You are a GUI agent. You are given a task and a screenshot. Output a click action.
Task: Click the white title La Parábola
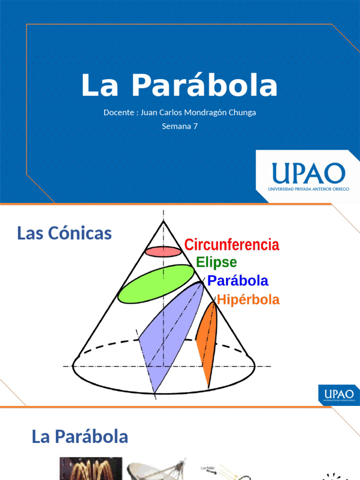click(180, 86)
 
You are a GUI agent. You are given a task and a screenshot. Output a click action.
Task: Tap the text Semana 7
click(180, 126)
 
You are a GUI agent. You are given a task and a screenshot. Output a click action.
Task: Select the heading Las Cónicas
click(64, 233)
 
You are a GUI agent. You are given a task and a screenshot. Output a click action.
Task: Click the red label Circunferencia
click(232, 245)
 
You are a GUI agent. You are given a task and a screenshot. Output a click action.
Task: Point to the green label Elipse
click(216, 262)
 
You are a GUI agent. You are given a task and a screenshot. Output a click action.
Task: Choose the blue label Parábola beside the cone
click(238, 281)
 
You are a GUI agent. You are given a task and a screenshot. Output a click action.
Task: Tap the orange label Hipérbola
click(248, 300)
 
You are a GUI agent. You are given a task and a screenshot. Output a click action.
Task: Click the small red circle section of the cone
click(163, 252)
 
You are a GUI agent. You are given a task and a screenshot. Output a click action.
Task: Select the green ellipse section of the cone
click(156, 284)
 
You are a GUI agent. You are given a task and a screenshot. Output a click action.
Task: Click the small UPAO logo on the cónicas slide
click(338, 395)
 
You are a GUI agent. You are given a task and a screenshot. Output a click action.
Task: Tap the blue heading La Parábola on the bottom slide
click(80, 437)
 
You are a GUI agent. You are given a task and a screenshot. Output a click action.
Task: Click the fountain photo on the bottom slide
click(90, 469)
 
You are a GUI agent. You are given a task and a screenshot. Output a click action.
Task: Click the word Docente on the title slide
click(119, 112)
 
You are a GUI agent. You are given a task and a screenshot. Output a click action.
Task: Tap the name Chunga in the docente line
click(244, 112)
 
